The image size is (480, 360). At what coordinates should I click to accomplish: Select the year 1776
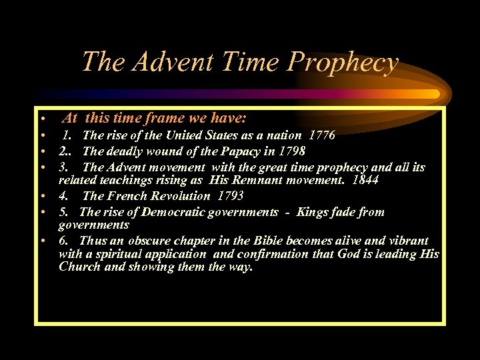[322, 135]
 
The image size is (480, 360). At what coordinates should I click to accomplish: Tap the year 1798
[292, 151]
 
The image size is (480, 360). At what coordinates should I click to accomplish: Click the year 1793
[230, 196]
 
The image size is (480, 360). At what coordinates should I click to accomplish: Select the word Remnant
[257, 181]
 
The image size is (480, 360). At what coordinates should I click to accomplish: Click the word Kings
[313, 212]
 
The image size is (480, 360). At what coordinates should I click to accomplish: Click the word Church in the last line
[79, 267]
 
